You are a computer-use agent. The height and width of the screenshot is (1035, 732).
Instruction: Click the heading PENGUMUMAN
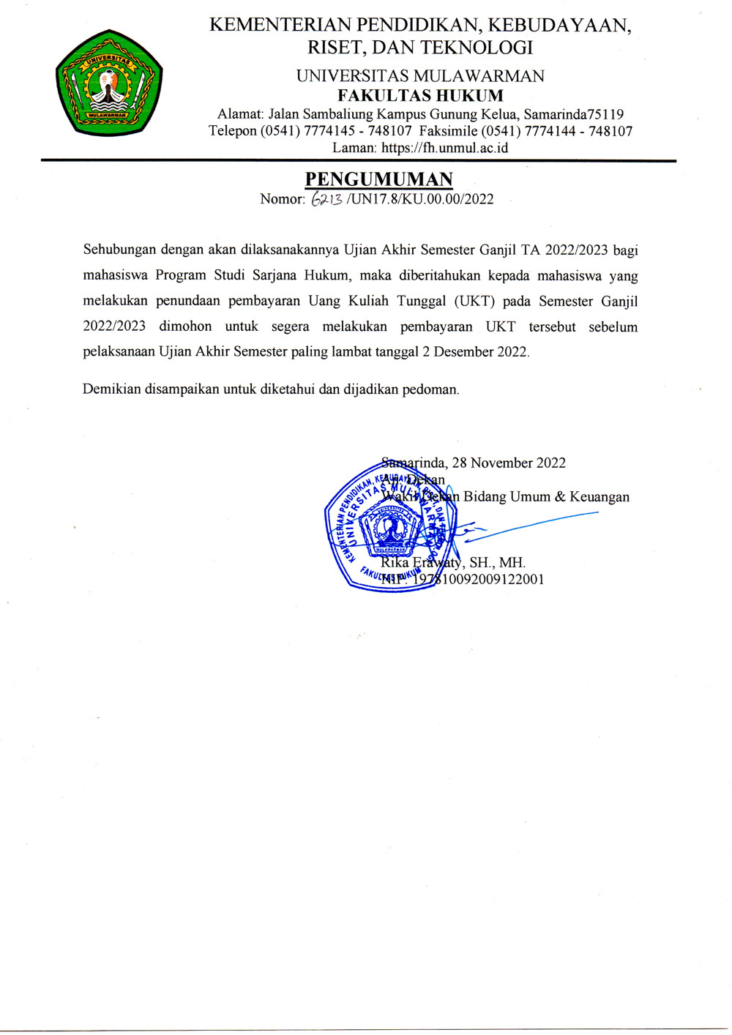tap(378, 179)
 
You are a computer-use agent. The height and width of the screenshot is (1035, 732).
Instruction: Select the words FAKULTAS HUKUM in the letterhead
tap(420, 96)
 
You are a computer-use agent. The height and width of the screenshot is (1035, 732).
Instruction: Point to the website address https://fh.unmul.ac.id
tap(444, 148)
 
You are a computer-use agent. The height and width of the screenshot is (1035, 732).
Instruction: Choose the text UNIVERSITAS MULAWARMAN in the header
tap(420, 76)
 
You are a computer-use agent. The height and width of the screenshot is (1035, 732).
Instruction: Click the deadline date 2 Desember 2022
tap(475, 351)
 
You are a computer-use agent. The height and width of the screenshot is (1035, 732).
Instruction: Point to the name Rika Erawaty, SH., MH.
tap(453, 563)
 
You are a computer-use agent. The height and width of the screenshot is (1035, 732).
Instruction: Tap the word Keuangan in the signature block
tap(600, 497)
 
